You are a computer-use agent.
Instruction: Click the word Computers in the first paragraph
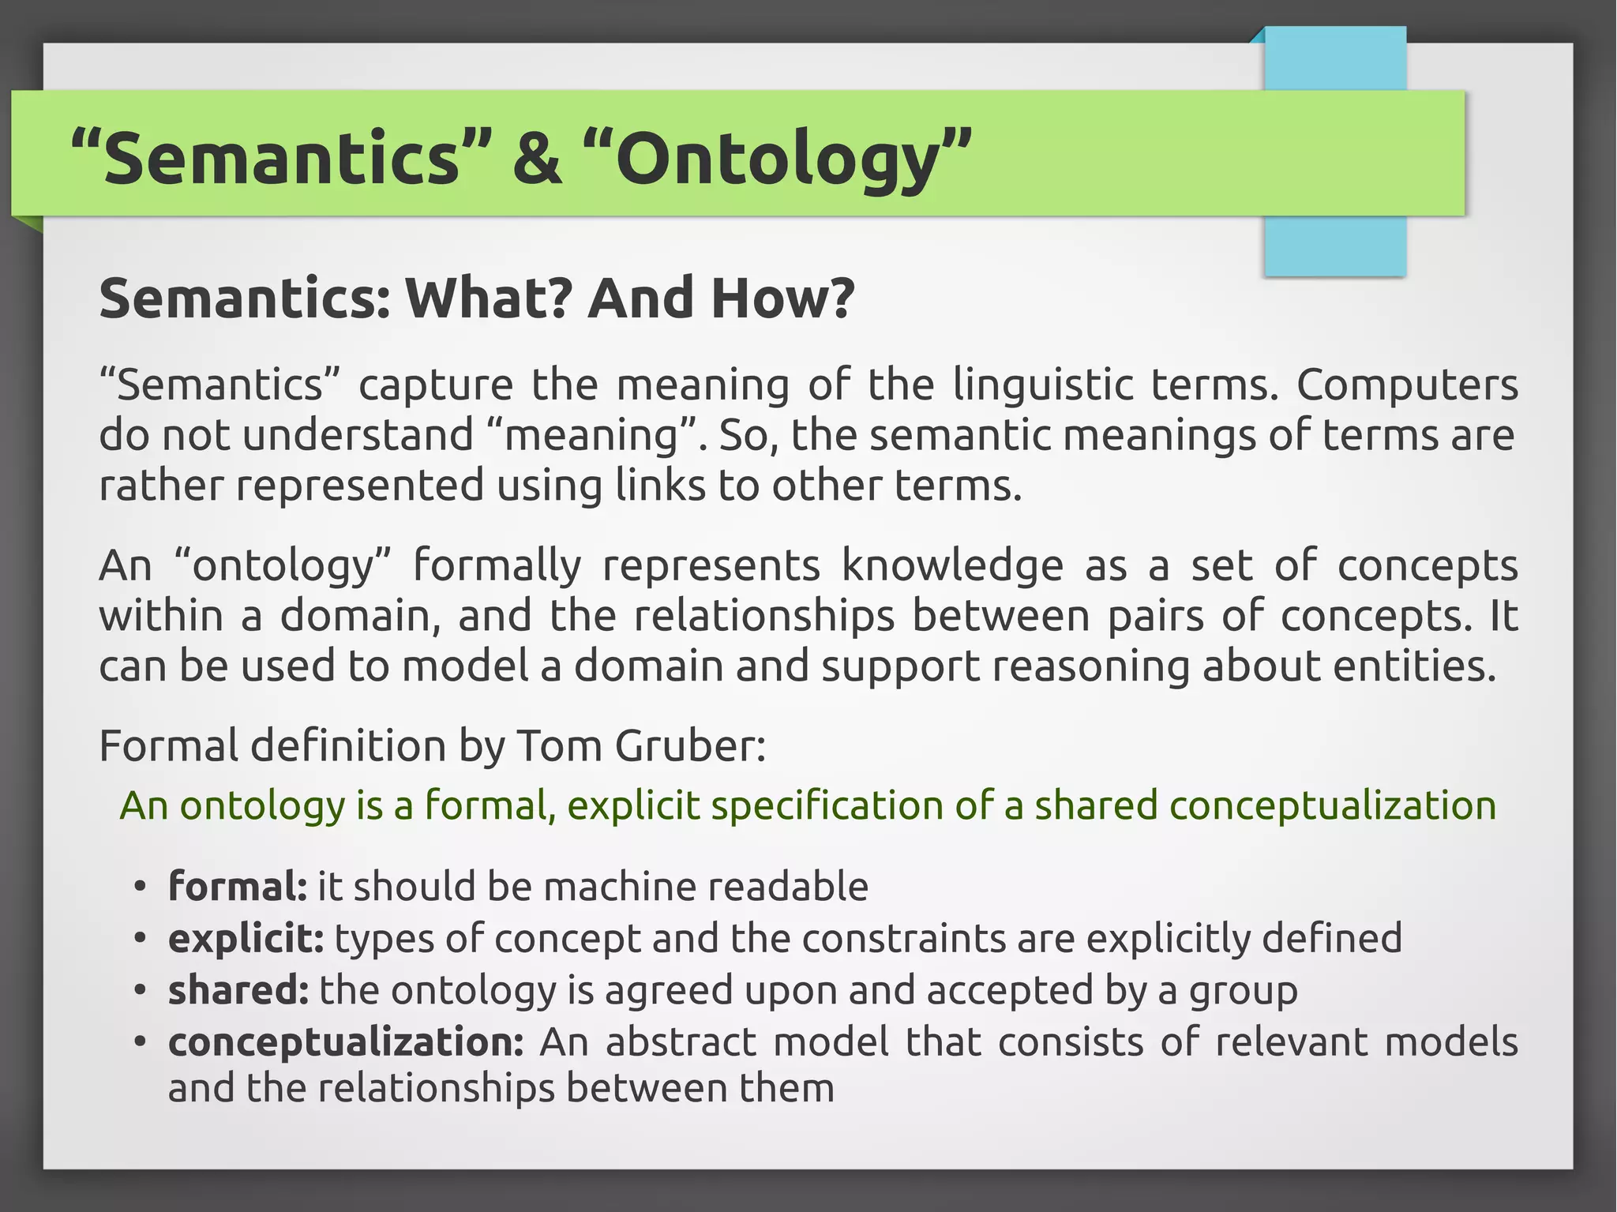tap(1407, 385)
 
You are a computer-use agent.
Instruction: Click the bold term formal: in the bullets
tap(237, 886)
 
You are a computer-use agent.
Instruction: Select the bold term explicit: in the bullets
tap(246, 939)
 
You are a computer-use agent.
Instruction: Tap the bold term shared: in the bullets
tap(238, 990)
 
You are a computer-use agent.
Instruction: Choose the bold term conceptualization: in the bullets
tap(346, 1043)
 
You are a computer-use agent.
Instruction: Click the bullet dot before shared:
tap(140, 990)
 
